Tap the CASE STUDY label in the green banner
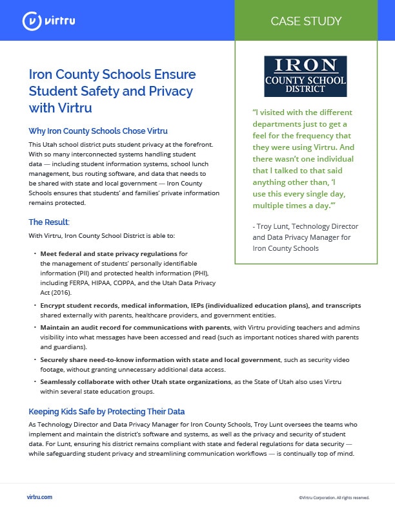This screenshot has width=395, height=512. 307,21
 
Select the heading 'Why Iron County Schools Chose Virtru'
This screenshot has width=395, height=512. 98,131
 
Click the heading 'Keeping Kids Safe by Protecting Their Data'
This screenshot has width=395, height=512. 106,411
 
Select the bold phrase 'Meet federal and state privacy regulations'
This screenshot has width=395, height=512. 108,253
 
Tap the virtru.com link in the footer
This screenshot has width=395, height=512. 40,497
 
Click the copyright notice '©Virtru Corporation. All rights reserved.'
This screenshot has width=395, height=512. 334,498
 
